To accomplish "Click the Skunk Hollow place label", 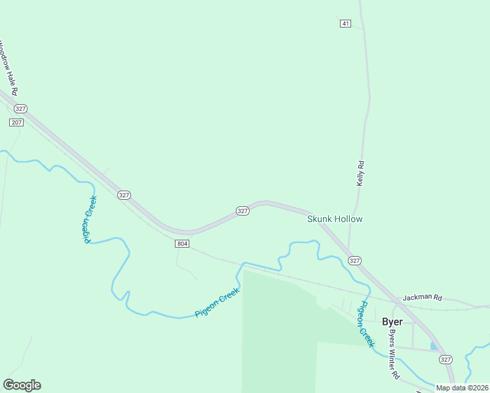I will [x=335, y=219].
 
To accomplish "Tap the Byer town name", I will [x=392, y=322].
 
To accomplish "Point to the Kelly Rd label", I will [x=360, y=174].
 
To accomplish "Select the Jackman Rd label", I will [x=423, y=297].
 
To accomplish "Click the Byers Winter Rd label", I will [x=394, y=354].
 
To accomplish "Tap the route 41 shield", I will [x=345, y=24].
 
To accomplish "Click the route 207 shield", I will [x=16, y=122].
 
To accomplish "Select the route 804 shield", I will [x=182, y=244].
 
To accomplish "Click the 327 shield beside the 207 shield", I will [x=20, y=109].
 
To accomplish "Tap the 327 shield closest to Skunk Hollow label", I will [x=354, y=261].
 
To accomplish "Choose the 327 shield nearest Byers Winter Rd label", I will [x=445, y=359].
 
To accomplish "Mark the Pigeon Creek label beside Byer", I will [x=366, y=324].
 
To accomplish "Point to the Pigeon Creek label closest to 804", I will [x=217, y=303].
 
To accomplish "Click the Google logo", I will [x=22, y=385].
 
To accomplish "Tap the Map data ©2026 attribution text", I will [x=462, y=388].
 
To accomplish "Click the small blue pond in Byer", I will [x=433, y=345].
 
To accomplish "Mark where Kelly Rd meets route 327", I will [x=349, y=252].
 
